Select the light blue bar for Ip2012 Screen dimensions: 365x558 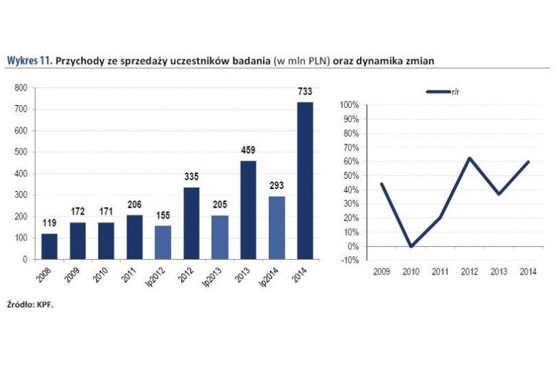[x=164, y=242]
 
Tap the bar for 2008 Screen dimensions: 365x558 [x=50, y=246]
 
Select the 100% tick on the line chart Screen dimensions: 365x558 [x=348, y=105]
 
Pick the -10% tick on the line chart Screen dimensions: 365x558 [x=348, y=261]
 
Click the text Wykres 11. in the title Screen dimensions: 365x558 [x=28, y=61]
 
